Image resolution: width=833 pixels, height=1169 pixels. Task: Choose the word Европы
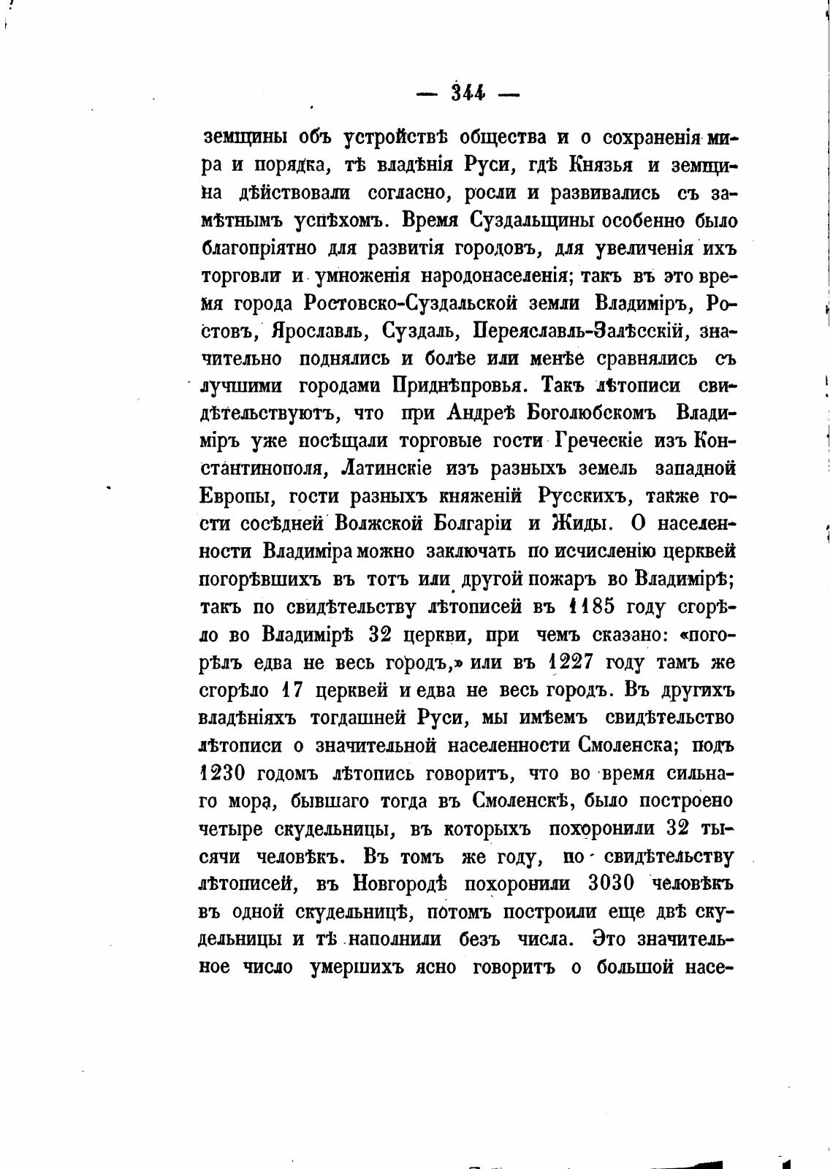(x=236, y=496)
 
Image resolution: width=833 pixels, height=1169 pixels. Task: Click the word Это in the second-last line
(x=609, y=939)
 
